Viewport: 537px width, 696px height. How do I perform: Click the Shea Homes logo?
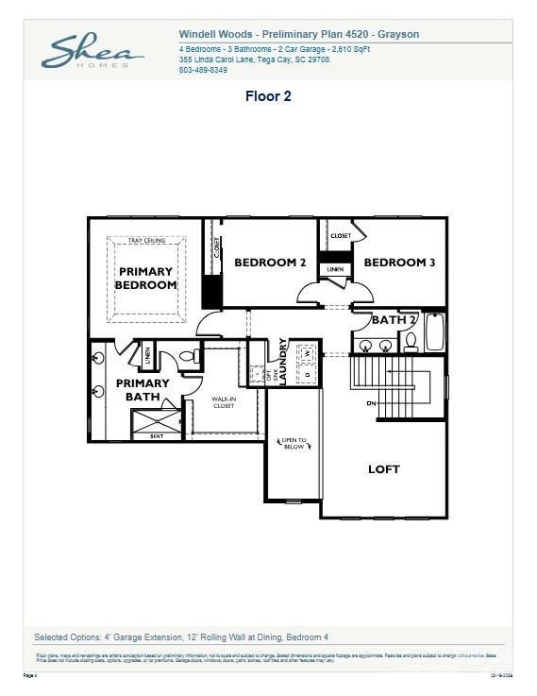[x=92, y=51]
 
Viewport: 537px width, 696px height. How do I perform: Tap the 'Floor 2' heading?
[x=268, y=96]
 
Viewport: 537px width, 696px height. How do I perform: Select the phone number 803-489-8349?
[x=203, y=70]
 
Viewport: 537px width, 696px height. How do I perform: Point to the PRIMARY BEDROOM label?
[x=146, y=278]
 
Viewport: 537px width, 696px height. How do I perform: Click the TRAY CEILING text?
[x=146, y=241]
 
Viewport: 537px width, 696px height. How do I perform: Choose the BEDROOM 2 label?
[x=270, y=263]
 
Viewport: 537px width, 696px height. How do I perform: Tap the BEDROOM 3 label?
[x=398, y=263]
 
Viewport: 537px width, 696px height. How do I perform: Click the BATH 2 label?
[x=393, y=319]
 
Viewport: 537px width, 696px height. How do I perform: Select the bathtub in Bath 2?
[x=435, y=331]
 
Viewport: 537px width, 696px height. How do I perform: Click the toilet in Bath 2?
[x=411, y=343]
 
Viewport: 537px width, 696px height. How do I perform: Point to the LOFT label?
[x=383, y=468]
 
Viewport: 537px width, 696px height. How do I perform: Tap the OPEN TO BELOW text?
[x=293, y=443]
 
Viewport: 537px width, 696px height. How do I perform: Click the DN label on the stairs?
[x=371, y=403]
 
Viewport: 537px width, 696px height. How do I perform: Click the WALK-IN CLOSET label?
[x=223, y=402]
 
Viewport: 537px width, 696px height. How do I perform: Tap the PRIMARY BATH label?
[x=143, y=390]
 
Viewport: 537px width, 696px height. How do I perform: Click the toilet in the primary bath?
[x=188, y=357]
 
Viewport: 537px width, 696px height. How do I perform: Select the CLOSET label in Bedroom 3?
[x=341, y=235]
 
